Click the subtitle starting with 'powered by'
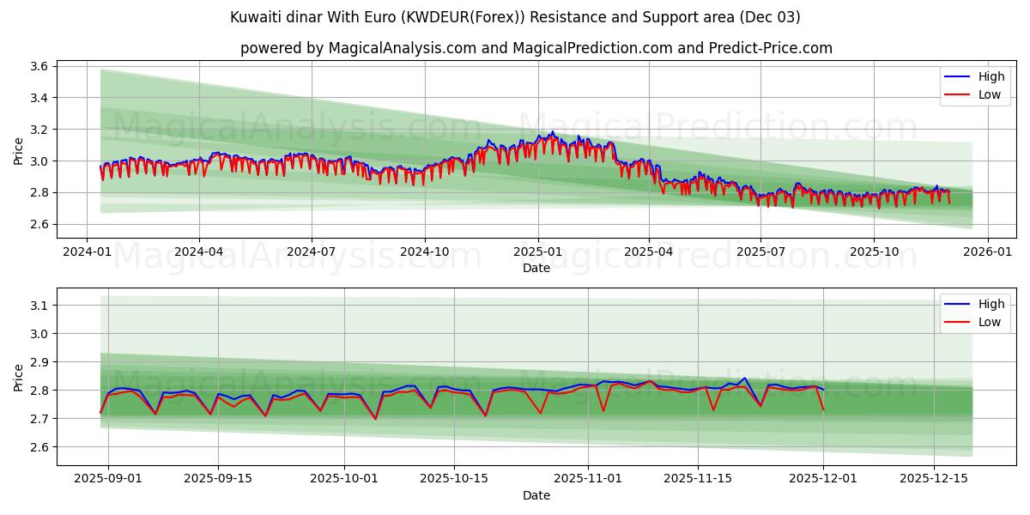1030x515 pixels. click(536, 48)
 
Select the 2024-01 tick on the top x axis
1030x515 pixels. click(87, 252)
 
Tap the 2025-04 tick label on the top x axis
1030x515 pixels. click(649, 252)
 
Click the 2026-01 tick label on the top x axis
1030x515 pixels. click(987, 252)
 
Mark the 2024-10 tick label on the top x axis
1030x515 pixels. click(424, 252)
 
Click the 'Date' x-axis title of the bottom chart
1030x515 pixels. click(536, 495)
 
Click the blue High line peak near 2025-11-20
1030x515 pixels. click(744, 379)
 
